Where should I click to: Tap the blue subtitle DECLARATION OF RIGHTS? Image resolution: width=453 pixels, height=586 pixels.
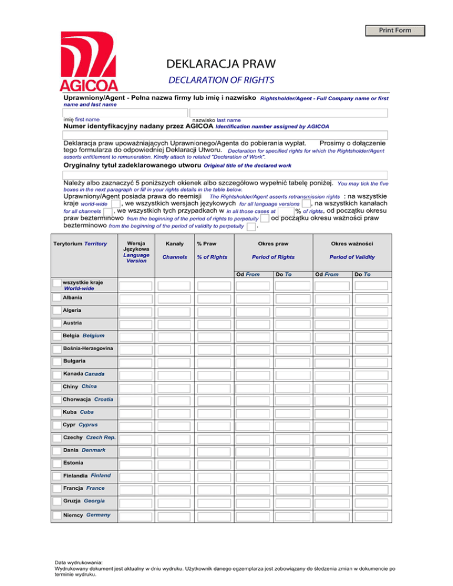pos(221,80)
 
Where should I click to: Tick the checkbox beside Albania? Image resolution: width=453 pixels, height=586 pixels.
pos(56,298)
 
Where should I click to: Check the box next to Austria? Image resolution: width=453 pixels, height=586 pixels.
pos(56,323)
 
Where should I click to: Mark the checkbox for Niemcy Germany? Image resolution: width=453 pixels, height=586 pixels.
pos(56,515)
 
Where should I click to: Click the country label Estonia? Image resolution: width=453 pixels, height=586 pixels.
pos(74,463)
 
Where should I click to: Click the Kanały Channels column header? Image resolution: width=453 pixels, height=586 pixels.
pos(174,250)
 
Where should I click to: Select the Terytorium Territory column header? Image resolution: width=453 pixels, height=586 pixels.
pos(80,243)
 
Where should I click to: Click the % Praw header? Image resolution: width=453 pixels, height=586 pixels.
pos(208,243)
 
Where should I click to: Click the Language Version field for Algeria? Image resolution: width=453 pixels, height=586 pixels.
pos(137,311)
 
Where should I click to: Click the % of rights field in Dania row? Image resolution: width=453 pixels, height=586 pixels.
pos(214,451)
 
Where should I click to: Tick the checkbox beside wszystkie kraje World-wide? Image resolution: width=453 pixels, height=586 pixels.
pos(56,284)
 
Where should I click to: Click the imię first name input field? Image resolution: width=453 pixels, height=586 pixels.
pos(124,112)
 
